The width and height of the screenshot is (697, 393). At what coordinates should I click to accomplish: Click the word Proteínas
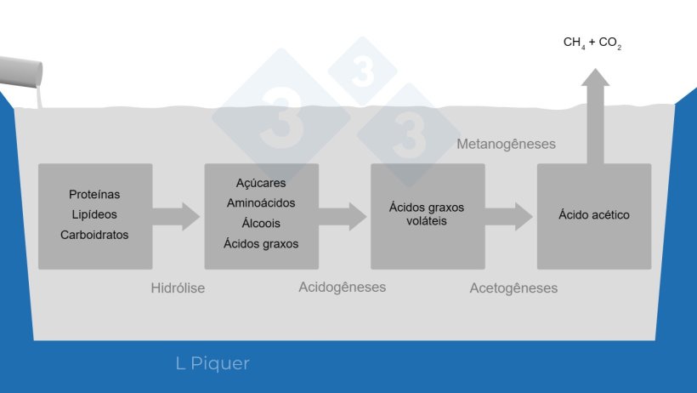pyautogui.click(x=94, y=195)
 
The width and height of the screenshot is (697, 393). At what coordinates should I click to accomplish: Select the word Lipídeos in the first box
pyautogui.click(x=94, y=214)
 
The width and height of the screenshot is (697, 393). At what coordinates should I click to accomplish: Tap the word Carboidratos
pyautogui.click(x=94, y=235)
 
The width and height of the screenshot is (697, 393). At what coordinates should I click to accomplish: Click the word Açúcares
pyautogui.click(x=261, y=183)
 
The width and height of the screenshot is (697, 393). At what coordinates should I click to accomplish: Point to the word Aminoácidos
pyautogui.click(x=261, y=203)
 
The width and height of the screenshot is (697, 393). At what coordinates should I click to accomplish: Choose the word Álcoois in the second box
pyautogui.click(x=261, y=224)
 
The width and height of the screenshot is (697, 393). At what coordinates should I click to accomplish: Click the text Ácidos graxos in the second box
pyautogui.click(x=261, y=244)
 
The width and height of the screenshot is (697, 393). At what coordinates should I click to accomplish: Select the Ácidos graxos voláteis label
pyautogui.click(x=427, y=214)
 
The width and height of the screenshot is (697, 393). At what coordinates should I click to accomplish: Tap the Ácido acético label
pyautogui.click(x=594, y=215)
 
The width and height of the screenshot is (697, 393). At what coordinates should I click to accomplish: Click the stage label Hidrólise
pyautogui.click(x=178, y=288)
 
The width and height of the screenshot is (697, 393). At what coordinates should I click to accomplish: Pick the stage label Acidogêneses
pyautogui.click(x=342, y=287)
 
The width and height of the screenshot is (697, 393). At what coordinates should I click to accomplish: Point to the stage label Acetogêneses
pyautogui.click(x=513, y=288)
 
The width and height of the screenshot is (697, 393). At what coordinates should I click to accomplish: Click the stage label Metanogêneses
pyautogui.click(x=506, y=144)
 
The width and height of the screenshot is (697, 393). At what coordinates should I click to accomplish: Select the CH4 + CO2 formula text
pyautogui.click(x=592, y=42)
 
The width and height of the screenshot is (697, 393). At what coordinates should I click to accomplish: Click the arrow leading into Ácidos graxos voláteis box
pyautogui.click(x=343, y=215)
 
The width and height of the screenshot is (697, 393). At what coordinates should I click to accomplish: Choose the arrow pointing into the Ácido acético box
pyautogui.click(x=509, y=215)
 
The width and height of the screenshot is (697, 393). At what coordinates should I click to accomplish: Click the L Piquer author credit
pyautogui.click(x=212, y=364)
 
